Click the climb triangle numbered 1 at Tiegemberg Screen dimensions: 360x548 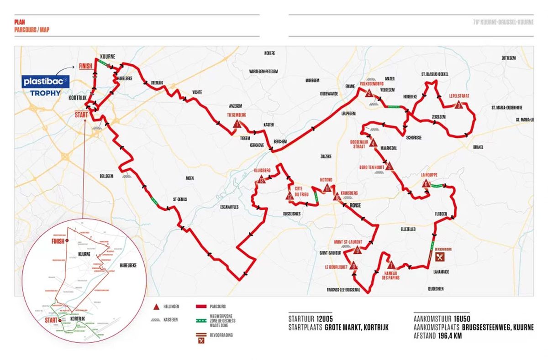pyautogui.click(x=237, y=124)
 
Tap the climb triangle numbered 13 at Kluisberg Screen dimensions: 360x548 pyautogui.click(x=261, y=180)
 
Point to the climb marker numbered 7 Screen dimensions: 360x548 pyautogui.click(x=391, y=265)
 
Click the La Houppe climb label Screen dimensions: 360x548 pyautogui.click(x=429, y=174)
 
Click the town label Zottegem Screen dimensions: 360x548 pyautogui.click(x=508, y=58)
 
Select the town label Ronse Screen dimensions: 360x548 pyautogui.click(x=356, y=205)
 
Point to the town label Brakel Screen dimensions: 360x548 pyautogui.click(x=478, y=146)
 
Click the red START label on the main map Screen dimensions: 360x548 pyautogui.click(x=81, y=115)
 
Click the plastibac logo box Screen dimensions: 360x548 pyautogui.click(x=46, y=82)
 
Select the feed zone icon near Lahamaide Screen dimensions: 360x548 pyautogui.click(x=440, y=257)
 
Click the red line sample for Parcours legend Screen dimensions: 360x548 pyautogui.click(x=201, y=306)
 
